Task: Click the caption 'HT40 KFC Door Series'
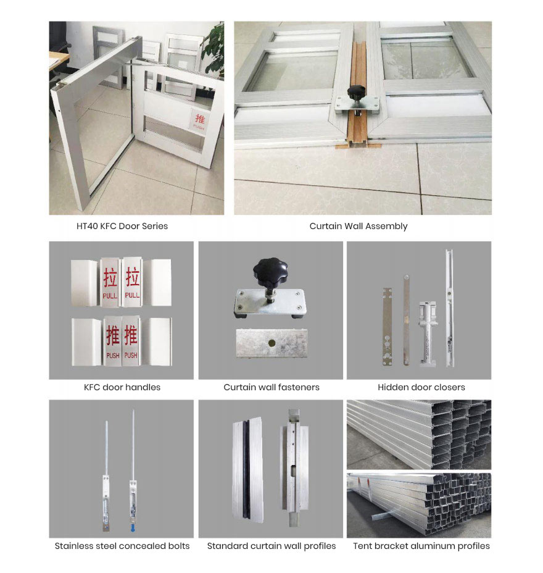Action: coord(122,226)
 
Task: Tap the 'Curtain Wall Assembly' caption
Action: coord(359,226)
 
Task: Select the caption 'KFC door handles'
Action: coord(122,387)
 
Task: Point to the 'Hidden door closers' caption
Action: coord(421,387)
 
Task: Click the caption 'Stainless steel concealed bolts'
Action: coord(122,546)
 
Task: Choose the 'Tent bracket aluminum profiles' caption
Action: coord(421,546)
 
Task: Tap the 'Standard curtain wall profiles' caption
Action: coord(271,546)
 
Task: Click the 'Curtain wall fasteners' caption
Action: coord(271,387)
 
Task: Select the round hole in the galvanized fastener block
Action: coord(271,343)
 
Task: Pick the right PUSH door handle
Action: coord(131,341)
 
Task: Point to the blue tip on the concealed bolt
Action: coord(133,529)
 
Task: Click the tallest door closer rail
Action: coord(449,308)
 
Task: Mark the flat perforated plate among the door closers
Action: coord(388,327)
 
